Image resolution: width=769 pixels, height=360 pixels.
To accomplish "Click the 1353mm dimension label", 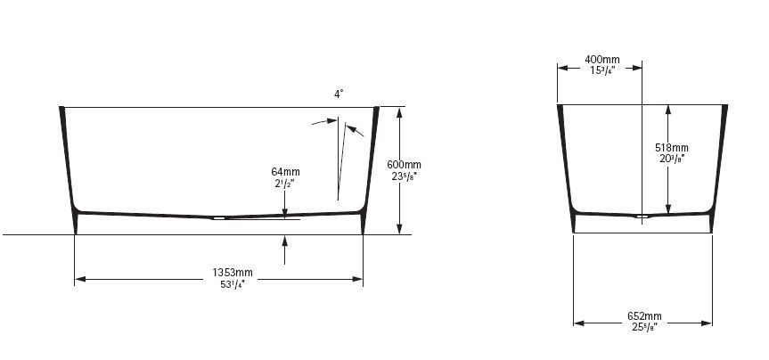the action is pyautogui.click(x=233, y=273).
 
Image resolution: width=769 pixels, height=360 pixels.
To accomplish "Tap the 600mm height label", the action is pyautogui.click(x=404, y=165).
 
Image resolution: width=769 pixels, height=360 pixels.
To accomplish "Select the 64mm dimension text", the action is pyautogui.click(x=285, y=172).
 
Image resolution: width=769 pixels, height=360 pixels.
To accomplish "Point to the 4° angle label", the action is pyautogui.click(x=339, y=94).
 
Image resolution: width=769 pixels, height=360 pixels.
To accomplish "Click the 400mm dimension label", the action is pyautogui.click(x=601, y=60).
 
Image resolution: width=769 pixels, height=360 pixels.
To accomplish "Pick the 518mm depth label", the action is pyautogui.click(x=671, y=148).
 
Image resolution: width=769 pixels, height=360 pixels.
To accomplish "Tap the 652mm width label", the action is pyautogui.click(x=644, y=316).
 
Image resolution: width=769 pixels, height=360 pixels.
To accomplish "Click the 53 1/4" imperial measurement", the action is pyautogui.click(x=233, y=284).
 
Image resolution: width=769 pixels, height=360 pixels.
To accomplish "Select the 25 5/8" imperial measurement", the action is pyautogui.click(x=644, y=328).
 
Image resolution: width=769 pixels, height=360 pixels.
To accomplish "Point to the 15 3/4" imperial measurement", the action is pyautogui.click(x=602, y=70).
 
